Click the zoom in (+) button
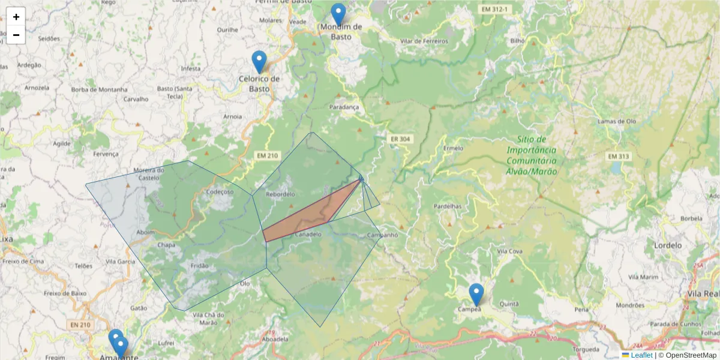tap(16, 17)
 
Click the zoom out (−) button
tap(16, 35)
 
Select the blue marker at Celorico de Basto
tap(259, 61)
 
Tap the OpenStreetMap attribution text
tap(691, 355)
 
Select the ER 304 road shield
tap(400, 139)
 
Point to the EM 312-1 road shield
tap(494, 10)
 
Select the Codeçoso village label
tap(219, 192)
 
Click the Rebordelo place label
tap(280, 194)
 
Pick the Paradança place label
tap(344, 107)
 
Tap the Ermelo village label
tap(453, 148)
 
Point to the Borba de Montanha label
tap(99, 89)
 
